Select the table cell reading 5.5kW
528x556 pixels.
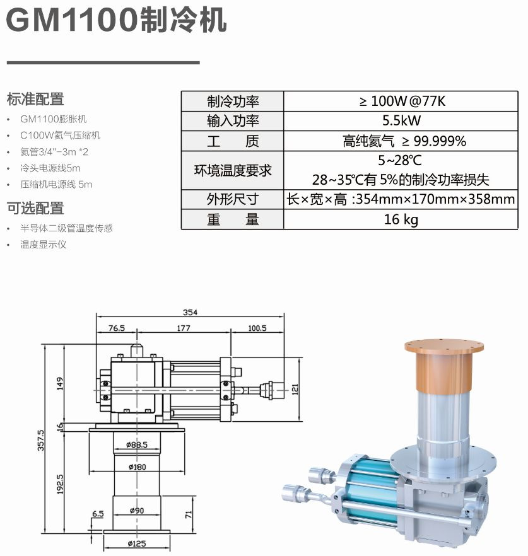tap(401, 121)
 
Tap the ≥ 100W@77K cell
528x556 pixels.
tap(401, 101)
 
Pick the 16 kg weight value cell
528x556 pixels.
tap(401, 219)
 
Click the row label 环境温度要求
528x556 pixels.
tap(232, 171)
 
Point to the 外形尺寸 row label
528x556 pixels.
tap(232, 199)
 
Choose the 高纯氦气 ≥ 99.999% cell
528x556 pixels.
tap(401, 141)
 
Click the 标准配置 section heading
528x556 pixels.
tap(35, 99)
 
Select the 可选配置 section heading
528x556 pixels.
tap(35, 208)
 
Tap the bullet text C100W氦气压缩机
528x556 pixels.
tap(61, 136)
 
